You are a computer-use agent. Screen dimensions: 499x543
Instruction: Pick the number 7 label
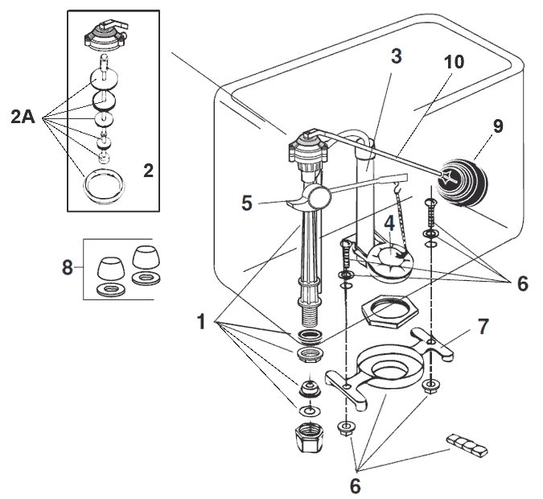(482, 327)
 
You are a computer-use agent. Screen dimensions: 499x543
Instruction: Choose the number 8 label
(68, 266)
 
